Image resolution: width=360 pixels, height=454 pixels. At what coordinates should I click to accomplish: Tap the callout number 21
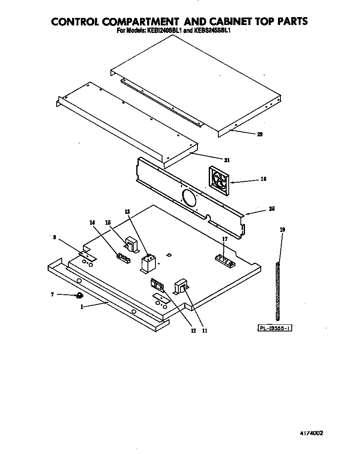click(227, 160)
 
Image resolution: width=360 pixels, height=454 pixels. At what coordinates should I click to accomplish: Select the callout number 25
click(272, 208)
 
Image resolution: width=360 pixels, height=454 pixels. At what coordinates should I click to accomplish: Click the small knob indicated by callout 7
click(78, 296)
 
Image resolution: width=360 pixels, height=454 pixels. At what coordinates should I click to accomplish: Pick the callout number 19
click(282, 229)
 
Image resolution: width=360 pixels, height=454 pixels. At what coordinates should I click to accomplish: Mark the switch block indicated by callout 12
click(157, 285)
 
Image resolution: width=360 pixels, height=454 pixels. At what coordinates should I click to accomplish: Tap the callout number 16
click(263, 179)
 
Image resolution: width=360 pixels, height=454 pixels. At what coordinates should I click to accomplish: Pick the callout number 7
click(52, 294)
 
